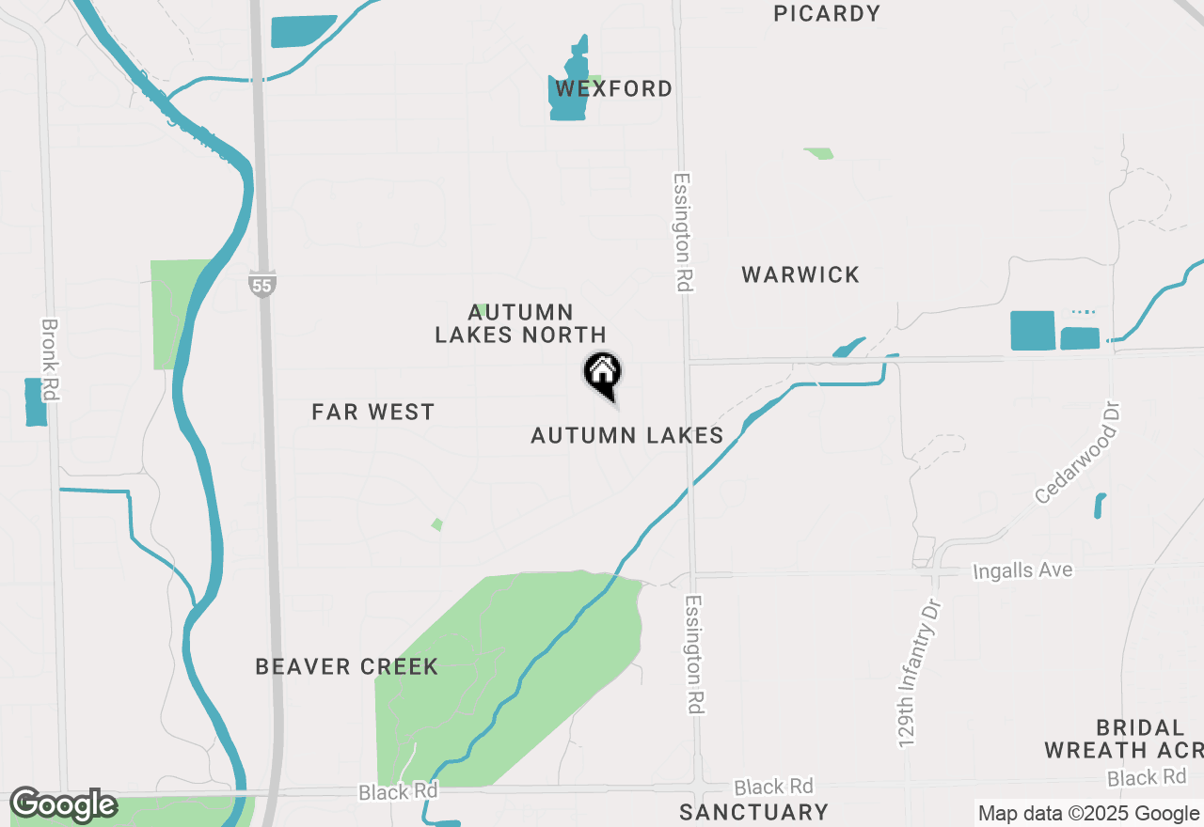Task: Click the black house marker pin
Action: (x=602, y=373)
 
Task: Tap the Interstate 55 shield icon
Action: (x=262, y=283)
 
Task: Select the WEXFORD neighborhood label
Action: (x=613, y=88)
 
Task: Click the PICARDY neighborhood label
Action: (x=827, y=13)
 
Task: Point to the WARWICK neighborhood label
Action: (x=800, y=274)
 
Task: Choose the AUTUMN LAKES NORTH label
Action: (x=520, y=323)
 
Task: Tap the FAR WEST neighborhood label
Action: (x=372, y=412)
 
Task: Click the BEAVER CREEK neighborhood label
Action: (x=346, y=666)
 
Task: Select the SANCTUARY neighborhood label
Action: (x=753, y=812)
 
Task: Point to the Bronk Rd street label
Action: (x=50, y=360)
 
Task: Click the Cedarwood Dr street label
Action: (x=1080, y=450)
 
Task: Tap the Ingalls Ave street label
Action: (x=1022, y=570)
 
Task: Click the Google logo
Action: (x=63, y=805)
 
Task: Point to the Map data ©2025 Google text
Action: (x=1089, y=814)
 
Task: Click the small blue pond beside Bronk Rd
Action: (x=36, y=402)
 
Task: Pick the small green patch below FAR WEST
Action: (x=436, y=524)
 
